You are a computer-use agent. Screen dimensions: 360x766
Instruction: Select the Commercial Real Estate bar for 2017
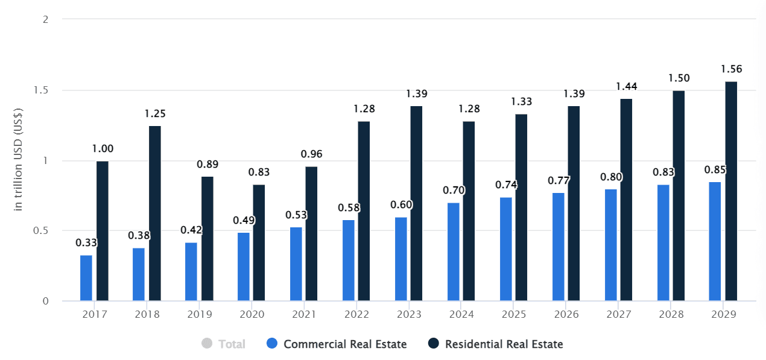(86, 278)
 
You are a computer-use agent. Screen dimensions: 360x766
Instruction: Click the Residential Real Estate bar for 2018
(155, 213)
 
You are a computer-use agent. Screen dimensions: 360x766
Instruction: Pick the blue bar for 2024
(454, 251)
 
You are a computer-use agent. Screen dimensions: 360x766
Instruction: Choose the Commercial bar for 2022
(349, 260)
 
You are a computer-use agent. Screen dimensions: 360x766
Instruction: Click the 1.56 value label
(731, 69)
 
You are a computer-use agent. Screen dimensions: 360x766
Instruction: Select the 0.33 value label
(86, 242)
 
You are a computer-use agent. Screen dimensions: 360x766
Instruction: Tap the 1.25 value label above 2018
(155, 113)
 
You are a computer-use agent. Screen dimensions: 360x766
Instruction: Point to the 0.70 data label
(454, 191)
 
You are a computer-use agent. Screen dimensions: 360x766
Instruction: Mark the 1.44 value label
(626, 86)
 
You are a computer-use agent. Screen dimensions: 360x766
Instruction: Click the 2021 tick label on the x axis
(303, 315)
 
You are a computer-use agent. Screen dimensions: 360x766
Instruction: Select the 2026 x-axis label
(566, 315)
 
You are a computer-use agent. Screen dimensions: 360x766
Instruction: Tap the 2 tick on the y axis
(45, 19)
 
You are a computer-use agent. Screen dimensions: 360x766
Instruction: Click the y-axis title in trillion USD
(18, 159)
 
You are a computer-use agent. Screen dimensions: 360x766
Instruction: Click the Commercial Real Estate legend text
(345, 344)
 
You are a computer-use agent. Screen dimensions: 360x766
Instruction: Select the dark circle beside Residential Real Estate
(434, 344)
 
